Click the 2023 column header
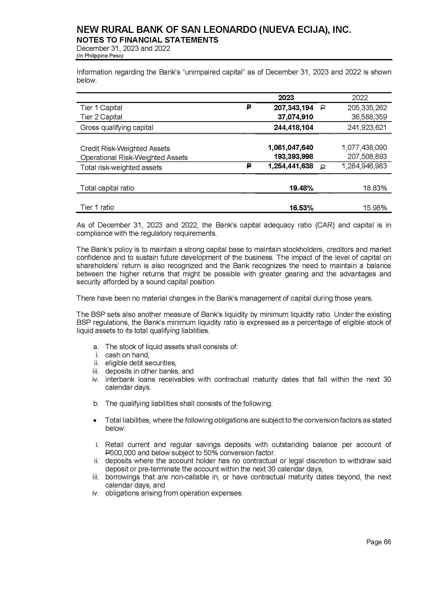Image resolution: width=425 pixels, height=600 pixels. (286, 98)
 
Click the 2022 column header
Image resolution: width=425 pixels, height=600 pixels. (359, 98)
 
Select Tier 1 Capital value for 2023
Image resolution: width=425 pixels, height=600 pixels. (293, 108)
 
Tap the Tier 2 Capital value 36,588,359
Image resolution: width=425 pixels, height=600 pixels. (369, 117)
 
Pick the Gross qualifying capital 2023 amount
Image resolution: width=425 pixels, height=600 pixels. (293, 128)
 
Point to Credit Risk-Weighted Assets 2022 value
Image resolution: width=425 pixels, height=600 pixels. (364, 148)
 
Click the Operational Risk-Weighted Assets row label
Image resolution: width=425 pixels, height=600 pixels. (134, 158)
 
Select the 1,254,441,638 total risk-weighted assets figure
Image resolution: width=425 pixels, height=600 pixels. (291, 166)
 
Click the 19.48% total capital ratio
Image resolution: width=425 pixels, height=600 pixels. (301, 188)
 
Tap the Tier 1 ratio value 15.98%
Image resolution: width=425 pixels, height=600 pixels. (375, 208)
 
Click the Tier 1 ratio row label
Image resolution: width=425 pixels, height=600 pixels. (97, 208)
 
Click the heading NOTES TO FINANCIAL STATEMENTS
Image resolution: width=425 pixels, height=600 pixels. (147, 40)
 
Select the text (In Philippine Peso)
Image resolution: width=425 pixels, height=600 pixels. (100, 56)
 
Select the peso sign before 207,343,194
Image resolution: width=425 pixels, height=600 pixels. (249, 107)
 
